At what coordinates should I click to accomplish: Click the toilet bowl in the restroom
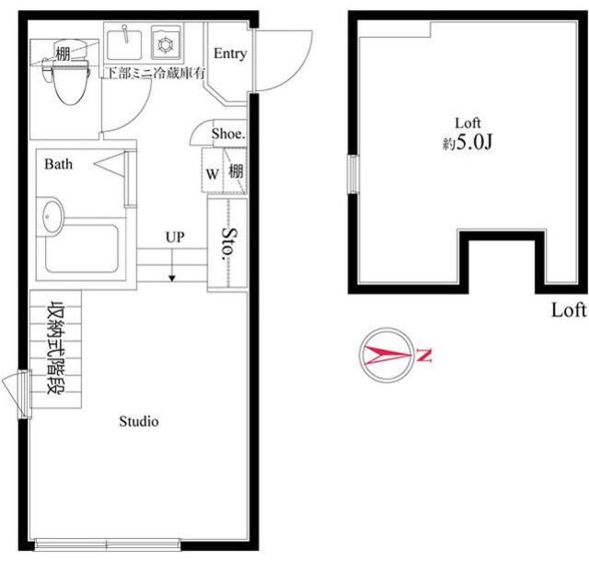[71, 84]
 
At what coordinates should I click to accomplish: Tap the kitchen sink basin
[124, 45]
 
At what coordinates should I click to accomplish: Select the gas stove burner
[165, 45]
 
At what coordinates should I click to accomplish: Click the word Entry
[230, 53]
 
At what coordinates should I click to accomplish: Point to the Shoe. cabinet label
[228, 134]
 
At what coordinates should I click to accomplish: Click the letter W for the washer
[213, 174]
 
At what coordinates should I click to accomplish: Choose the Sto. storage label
[229, 244]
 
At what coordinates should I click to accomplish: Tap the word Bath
[58, 164]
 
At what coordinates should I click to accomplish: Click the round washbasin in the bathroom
[52, 216]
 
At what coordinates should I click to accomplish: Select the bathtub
[82, 248]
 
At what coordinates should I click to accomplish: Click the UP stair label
[175, 237]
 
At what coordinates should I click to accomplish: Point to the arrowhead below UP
[172, 278]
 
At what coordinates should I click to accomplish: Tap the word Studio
[139, 422]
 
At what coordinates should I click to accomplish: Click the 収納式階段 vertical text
[55, 349]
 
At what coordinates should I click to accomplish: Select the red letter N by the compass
[423, 356]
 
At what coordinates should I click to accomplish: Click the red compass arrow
[387, 355]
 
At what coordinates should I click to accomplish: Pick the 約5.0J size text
[468, 143]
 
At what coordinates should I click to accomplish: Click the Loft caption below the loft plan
[569, 310]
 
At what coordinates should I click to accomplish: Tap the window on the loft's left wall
[352, 174]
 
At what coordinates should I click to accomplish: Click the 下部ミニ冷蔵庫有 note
[156, 73]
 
